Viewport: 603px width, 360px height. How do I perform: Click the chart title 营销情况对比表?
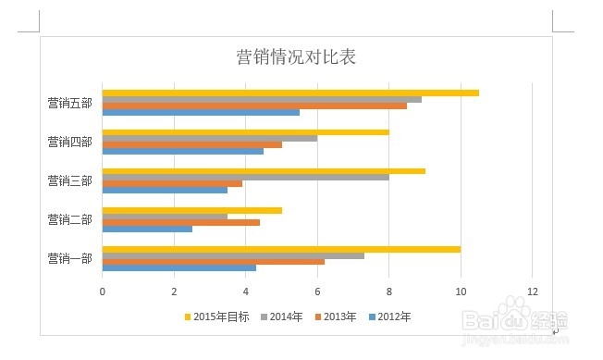coord(296,57)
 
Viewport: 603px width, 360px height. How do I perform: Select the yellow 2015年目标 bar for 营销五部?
coord(290,93)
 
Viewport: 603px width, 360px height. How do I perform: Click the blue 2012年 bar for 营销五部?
coord(201,112)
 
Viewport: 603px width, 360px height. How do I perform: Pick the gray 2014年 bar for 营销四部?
coord(210,138)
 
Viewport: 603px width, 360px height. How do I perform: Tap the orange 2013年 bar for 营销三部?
coord(172,183)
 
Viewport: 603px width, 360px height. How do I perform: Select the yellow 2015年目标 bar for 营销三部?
coord(264,171)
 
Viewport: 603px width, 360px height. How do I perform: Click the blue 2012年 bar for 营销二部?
coord(147,229)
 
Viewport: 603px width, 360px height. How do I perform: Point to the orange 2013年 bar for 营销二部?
coord(180,222)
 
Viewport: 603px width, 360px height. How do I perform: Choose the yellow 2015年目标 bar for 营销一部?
coord(281,249)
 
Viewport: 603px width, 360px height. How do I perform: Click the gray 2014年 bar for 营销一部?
coord(233,255)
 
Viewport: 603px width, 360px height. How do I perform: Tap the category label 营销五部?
coord(69,103)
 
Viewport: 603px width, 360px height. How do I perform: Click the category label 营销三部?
coord(69,180)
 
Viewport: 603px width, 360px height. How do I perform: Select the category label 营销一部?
coord(69,258)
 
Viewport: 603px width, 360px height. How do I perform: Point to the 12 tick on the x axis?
coord(532,291)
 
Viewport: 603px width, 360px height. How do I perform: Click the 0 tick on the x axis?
coord(103,291)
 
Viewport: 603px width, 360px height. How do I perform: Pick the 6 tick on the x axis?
coord(317,291)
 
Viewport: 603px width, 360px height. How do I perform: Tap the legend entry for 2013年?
coord(338,317)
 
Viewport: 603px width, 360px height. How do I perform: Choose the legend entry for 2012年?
coord(392,317)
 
